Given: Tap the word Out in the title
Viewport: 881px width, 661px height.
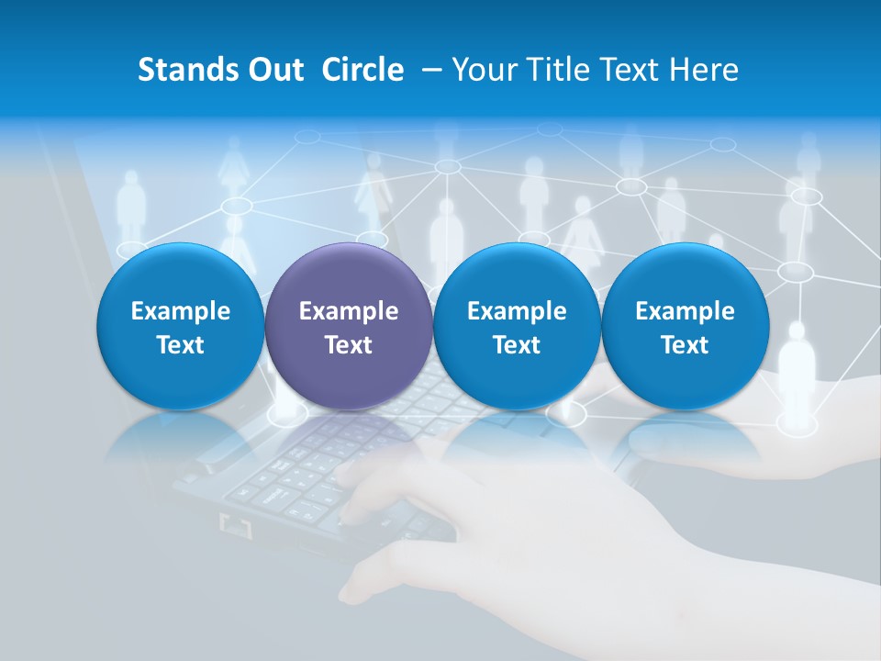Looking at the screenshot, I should [273, 70].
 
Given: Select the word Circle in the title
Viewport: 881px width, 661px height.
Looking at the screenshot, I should [362, 70].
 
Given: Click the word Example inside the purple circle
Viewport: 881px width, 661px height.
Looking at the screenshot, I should [349, 311].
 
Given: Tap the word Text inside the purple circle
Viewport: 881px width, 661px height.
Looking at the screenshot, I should [349, 345].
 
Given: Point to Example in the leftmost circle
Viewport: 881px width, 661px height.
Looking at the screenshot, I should [181, 311].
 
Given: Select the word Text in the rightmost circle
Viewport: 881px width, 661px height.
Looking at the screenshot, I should [685, 345].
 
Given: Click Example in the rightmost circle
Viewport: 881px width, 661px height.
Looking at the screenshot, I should [685, 311].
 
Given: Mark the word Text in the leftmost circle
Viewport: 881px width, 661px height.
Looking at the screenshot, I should [181, 345].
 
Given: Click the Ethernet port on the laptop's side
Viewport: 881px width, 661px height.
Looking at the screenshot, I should [237, 526].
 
